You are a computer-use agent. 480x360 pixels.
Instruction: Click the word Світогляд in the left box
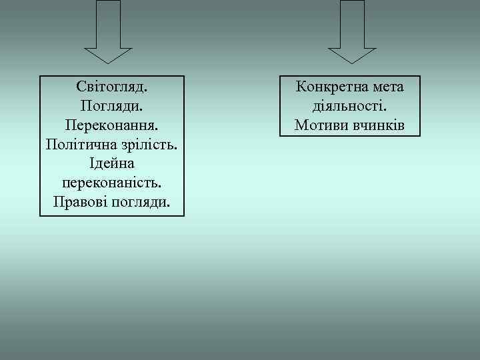(x=112, y=87)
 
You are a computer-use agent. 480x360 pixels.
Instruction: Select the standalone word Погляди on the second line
(x=112, y=105)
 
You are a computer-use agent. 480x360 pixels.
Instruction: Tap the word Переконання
(x=112, y=125)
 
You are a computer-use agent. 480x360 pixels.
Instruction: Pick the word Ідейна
(x=112, y=163)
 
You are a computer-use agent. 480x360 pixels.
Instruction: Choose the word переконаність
(x=112, y=182)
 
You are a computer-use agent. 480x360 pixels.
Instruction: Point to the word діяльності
(x=350, y=105)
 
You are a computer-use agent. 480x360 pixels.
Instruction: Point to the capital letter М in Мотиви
(x=300, y=125)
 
